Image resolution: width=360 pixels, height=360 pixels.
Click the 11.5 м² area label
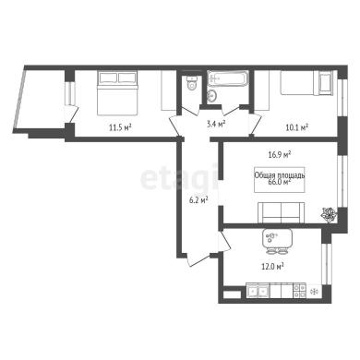pyautogui.click(x=120, y=127)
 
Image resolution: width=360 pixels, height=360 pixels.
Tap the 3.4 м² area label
pyautogui.click(x=216, y=124)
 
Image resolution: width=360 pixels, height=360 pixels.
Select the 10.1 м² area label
pyautogui.click(x=297, y=127)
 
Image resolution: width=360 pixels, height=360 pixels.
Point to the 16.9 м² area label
pyautogui.click(x=280, y=154)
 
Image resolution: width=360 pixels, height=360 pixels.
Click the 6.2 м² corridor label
pyautogui.click(x=198, y=200)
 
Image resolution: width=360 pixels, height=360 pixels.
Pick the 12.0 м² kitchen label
pyautogui.click(x=272, y=266)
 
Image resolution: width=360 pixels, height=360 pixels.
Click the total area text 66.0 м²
pyautogui.click(x=280, y=182)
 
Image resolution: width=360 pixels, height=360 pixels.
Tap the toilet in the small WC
pyautogui.click(x=192, y=82)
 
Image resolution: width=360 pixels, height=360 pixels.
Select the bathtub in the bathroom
pyautogui.click(x=228, y=78)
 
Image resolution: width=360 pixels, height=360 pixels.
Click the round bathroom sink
pyautogui.click(x=212, y=96)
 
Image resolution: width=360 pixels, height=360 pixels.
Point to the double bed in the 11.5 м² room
pyautogui.click(x=117, y=93)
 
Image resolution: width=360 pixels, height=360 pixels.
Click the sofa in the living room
pyautogui.click(x=281, y=212)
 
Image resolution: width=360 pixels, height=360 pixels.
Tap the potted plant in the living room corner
pyautogui.click(x=329, y=214)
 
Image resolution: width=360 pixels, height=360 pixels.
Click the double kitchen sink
pyautogui.click(x=258, y=291)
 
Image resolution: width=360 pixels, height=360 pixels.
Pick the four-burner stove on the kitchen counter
pyautogui.click(x=299, y=291)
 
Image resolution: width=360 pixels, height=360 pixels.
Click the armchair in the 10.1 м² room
pyautogui.click(x=326, y=81)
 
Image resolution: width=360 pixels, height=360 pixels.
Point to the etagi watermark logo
pyautogui.click(x=179, y=178)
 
